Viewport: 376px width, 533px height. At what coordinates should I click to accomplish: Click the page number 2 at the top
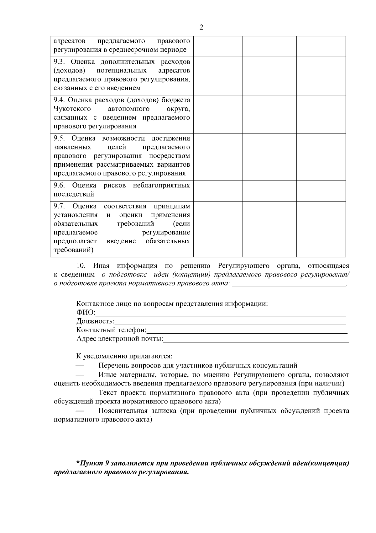201,27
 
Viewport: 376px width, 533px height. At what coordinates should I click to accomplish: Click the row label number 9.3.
59,62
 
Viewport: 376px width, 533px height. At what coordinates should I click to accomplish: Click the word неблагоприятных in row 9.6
161,185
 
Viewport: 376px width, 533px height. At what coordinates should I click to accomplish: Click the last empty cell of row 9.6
321,191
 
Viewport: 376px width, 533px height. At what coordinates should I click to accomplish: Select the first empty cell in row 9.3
218,76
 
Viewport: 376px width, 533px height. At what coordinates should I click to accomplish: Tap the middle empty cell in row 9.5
269,157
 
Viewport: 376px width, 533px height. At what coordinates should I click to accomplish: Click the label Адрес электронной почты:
120,339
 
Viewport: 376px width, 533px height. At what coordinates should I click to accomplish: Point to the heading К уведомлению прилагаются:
124,357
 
